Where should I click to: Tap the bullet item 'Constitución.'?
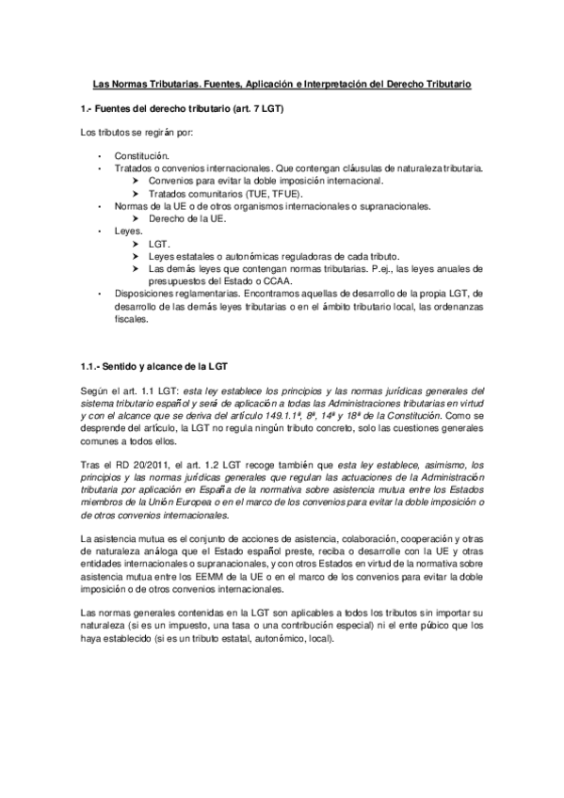pyautogui.click(x=142, y=153)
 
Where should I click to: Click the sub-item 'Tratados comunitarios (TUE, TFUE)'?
pyautogui.click(x=210, y=191)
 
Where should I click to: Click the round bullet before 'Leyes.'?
pyautogui.click(x=100, y=230)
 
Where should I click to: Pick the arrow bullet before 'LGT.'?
pyautogui.click(x=137, y=242)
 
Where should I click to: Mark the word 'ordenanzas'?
pyautogui.click(x=459, y=305)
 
